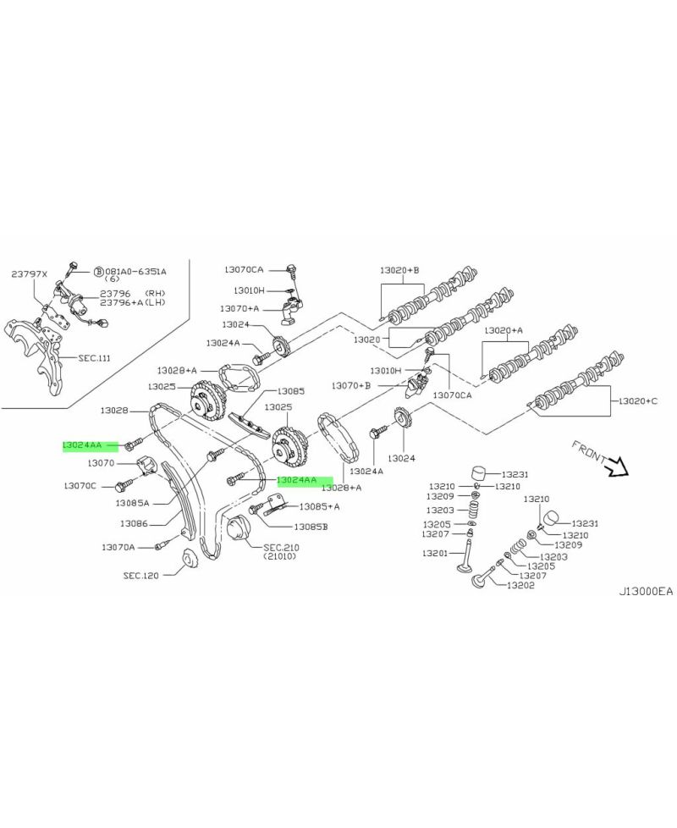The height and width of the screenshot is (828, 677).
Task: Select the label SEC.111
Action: pyautogui.click(x=95, y=358)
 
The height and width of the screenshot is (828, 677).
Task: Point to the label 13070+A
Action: pyautogui.click(x=239, y=308)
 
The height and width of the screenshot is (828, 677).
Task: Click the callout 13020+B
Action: pyautogui.click(x=399, y=270)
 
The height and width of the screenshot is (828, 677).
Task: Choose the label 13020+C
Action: pyautogui.click(x=638, y=400)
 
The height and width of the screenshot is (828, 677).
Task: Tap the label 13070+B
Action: pyautogui.click(x=350, y=386)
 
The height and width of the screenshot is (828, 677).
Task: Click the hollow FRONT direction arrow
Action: pyautogui.click(x=612, y=465)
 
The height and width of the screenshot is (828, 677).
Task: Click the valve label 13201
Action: pyautogui.click(x=435, y=553)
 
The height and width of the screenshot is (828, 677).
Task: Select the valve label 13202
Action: pyautogui.click(x=521, y=585)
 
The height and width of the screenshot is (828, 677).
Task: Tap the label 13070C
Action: pyautogui.click(x=80, y=486)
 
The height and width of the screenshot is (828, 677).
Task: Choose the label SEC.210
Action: pyautogui.click(x=282, y=548)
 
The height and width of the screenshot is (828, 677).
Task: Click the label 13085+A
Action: pyautogui.click(x=320, y=506)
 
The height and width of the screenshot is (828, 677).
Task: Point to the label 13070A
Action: pyautogui.click(x=118, y=547)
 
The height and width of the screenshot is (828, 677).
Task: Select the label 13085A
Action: pyautogui.click(x=133, y=502)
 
